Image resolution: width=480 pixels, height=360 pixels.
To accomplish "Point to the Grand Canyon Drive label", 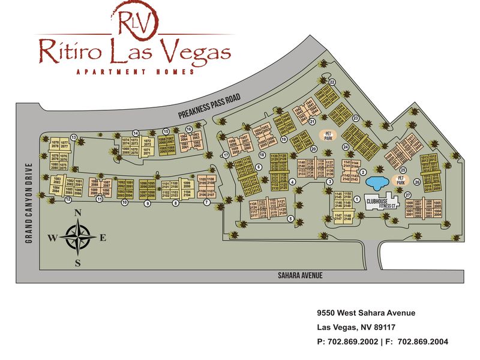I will pos(28,204).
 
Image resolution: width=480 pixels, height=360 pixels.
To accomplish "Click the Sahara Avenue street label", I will pos(301,275).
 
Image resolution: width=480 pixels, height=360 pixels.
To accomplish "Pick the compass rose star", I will pos(77,237).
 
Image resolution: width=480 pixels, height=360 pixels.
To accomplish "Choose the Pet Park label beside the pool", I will pos(400,179).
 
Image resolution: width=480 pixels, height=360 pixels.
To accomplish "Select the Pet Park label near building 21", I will pos(328,134).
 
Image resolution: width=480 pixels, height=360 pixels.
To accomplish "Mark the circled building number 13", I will pos(74,137).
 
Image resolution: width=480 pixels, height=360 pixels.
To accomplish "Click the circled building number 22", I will pos(332,82).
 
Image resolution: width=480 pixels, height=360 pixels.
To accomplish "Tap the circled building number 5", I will pos(290,219).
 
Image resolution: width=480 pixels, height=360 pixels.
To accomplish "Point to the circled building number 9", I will pos(147,203).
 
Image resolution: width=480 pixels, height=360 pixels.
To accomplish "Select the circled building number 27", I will pos(407,195).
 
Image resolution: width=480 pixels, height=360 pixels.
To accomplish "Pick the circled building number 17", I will pos(226,155).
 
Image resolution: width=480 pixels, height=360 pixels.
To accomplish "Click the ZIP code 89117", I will pos(383,328).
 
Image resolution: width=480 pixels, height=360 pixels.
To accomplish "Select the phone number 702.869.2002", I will pos(353,342).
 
